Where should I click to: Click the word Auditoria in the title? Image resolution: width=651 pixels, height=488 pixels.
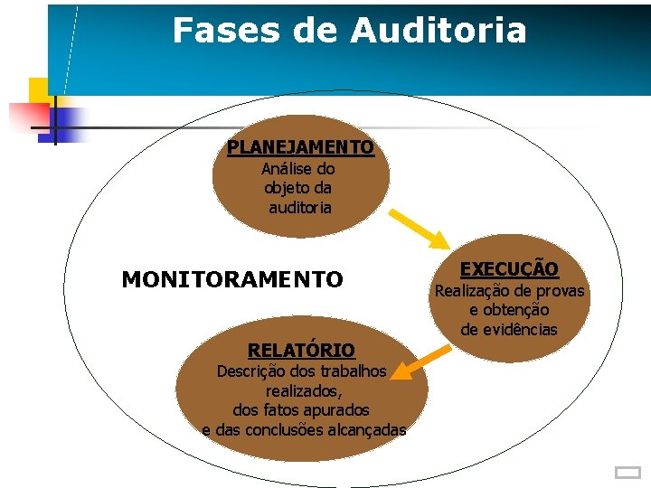click(438, 31)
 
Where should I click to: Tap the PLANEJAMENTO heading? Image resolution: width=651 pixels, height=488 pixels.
click(300, 147)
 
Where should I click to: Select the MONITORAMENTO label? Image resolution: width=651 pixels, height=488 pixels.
click(232, 280)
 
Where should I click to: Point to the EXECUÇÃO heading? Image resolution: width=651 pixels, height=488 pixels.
click(509, 268)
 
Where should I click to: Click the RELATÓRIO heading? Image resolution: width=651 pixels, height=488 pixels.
click(301, 350)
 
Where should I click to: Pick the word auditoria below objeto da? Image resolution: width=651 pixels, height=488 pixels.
click(300, 208)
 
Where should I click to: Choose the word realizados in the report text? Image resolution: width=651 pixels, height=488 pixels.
click(303, 390)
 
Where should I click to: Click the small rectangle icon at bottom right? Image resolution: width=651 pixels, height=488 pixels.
click(626, 472)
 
